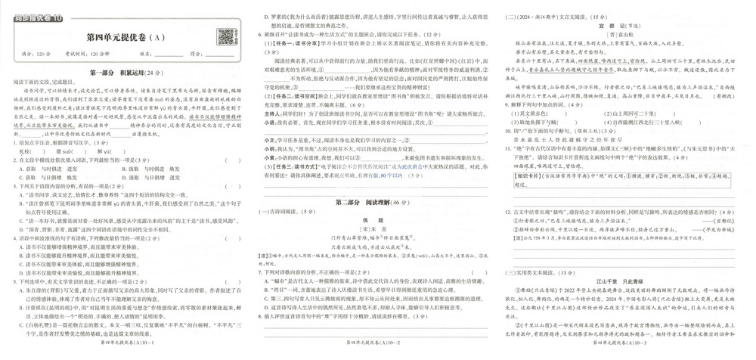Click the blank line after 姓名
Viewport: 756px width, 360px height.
tap(169, 54)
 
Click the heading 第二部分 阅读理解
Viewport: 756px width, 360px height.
tap(373, 202)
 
